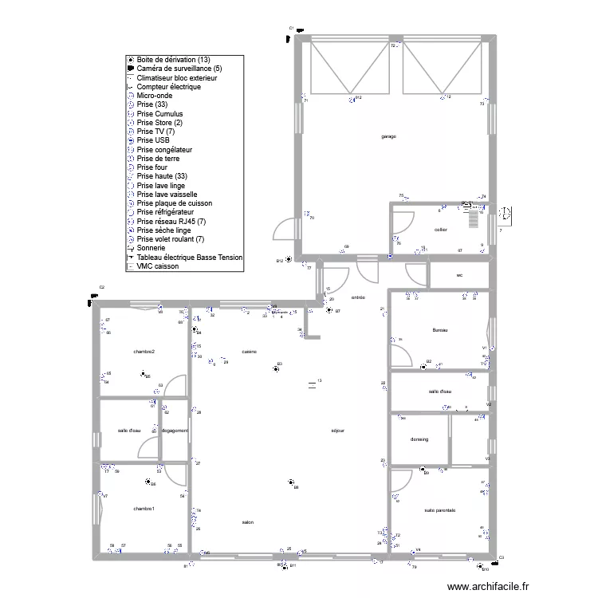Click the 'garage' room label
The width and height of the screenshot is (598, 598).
(x=388, y=136)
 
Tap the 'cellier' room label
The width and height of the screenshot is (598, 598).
(x=440, y=230)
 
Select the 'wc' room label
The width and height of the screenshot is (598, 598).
(x=459, y=276)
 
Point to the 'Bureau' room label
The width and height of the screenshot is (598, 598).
(x=440, y=330)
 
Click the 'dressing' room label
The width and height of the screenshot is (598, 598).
(x=419, y=439)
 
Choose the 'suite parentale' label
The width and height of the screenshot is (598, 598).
(x=439, y=510)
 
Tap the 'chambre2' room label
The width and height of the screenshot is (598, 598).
(x=144, y=351)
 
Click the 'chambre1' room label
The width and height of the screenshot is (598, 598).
(x=144, y=509)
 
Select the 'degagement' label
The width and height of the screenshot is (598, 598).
(x=175, y=431)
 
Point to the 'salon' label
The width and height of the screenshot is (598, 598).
(x=248, y=522)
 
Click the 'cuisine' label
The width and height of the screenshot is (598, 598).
(x=249, y=351)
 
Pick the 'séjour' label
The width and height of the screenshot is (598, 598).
(x=337, y=431)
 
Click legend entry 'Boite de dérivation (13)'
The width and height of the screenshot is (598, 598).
(x=173, y=60)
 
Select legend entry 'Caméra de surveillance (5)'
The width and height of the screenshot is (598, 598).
(x=179, y=69)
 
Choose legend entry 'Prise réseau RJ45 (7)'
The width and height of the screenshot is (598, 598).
(x=171, y=221)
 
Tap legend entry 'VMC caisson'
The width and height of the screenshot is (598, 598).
(x=157, y=266)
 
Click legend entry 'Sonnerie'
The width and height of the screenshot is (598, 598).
(x=152, y=248)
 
